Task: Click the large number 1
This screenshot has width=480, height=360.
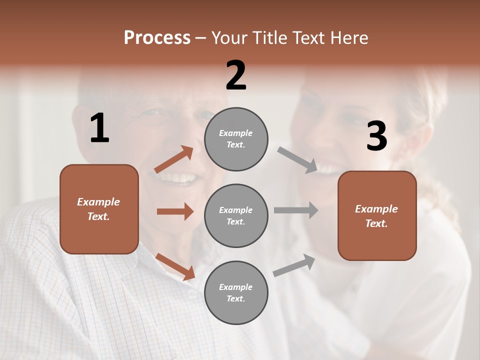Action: (x=99, y=128)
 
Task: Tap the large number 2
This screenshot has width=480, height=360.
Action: (x=236, y=75)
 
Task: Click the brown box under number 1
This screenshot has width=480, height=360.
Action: (x=99, y=209)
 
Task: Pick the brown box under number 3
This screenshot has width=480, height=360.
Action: (x=377, y=216)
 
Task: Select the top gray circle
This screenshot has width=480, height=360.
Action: (x=236, y=139)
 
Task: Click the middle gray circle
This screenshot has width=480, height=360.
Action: (x=236, y=216)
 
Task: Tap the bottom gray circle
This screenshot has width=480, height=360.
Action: (x=236, y=293)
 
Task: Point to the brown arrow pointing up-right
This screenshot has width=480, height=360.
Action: (x=173, y=159)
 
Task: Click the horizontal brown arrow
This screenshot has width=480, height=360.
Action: (x=175, y=211)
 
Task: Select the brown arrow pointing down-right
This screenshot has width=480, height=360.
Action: (x=175, y=266)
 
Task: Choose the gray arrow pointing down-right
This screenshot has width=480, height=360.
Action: (x=297, y=160)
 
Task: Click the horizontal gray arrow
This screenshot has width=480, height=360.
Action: (x=296, y=210)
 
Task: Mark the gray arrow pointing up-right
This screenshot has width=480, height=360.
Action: (x=294, y=265)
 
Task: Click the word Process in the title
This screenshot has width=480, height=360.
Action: (x=157, y=37)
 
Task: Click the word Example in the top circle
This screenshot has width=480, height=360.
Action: (x=236, y=133)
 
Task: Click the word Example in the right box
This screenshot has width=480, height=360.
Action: (x=376, y=209)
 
